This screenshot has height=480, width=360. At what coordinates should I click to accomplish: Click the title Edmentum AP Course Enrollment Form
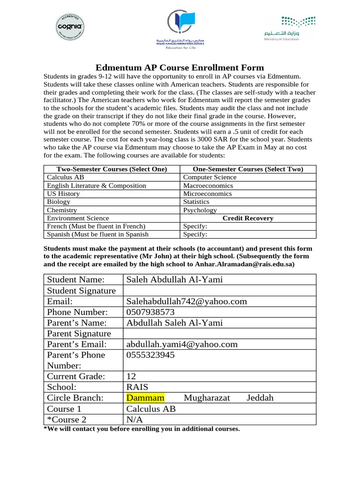(x=180, y=67)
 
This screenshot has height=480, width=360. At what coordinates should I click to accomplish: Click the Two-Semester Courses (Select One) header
(x=112, y=169)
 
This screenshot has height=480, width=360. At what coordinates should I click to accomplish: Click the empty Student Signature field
(x=219, y=291)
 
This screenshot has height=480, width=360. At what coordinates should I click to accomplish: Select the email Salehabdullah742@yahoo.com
(x=187, y=301)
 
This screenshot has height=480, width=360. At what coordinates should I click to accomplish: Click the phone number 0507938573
(x=150, y=312)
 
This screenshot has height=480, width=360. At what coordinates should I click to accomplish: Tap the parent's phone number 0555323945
(x=150, y=355)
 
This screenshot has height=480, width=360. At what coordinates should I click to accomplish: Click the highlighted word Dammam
(x=145, y=398)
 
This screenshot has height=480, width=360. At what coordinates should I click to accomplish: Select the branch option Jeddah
(x=260, y=398)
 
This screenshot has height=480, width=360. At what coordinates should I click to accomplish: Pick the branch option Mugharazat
(x=207, y=398)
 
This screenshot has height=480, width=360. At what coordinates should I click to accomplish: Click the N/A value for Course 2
(x=135, y=420)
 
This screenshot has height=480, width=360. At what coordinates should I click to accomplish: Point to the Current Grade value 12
(x=131, y=376)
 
